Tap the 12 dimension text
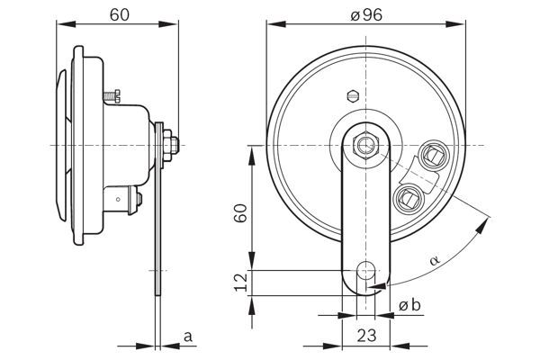click(x=240, y=282)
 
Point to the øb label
click(x=409, y=306)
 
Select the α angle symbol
click(x=436, y=259)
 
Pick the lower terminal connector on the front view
click(x=409, y=195)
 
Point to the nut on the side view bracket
click(x=171, y=143)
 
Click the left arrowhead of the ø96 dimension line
click(x=271, y=24)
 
